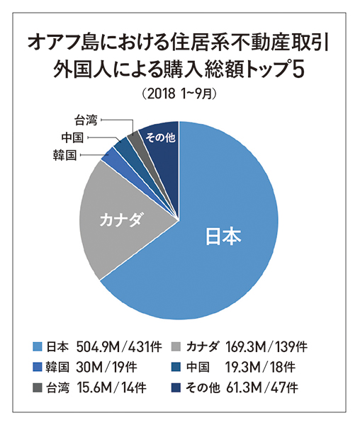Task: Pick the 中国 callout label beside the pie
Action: pos(72,137)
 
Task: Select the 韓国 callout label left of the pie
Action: pos(64,156)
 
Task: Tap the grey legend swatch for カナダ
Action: pos(177,346)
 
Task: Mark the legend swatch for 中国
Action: pos(177,367)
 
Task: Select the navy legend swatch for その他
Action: pos(177,387)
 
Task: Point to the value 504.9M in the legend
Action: pos(98,346)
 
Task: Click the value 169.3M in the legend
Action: pos(246,346)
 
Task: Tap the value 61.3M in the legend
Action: pos(244,387)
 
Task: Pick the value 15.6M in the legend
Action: pos(95,387)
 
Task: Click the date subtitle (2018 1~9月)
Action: pos(179,93)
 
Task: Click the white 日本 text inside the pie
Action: pos(223,236)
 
